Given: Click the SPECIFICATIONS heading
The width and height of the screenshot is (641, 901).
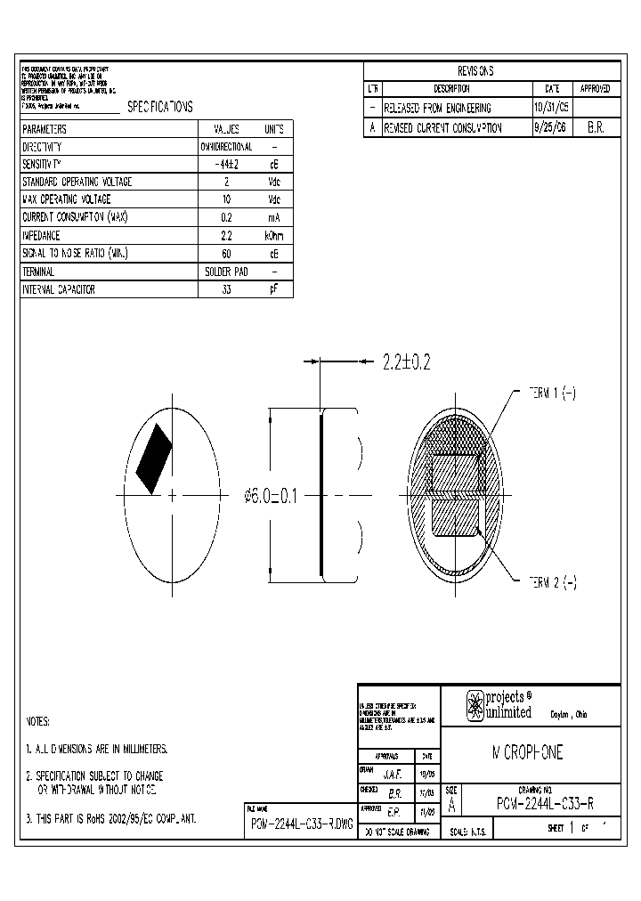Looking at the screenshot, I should point(160,107).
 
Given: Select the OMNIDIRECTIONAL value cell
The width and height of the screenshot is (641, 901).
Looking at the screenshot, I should point(225,146).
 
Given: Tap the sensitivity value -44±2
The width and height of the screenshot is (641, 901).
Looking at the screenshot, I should point(225,164).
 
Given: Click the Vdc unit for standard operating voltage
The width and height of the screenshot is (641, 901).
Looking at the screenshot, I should point(273,182).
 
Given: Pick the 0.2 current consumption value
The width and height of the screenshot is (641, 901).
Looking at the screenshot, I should point(225,218).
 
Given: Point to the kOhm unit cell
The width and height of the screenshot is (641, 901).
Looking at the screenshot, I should point(273,236).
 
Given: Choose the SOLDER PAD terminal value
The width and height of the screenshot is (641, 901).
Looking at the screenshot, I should point(225,272).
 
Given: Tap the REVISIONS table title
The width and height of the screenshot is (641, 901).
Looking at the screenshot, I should point(475,71).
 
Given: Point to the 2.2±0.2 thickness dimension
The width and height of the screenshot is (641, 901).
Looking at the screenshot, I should point(406,362).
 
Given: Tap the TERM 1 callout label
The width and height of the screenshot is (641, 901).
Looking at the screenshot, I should point(553,394).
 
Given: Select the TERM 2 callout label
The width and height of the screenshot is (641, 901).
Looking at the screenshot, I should point(553,583).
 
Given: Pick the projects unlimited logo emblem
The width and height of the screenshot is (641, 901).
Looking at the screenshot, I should point(475,706).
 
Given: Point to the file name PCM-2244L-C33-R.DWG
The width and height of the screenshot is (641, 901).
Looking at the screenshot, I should point(301,824).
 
